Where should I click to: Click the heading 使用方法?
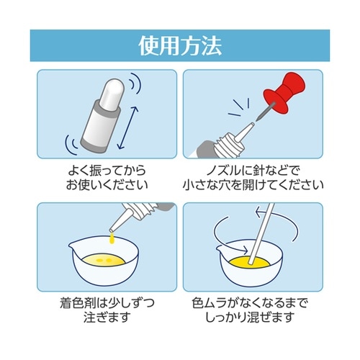pos(180,46)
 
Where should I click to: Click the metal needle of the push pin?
pos(265,112)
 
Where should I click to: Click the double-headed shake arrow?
pos(128,127)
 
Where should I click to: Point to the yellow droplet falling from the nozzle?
pos(112,239)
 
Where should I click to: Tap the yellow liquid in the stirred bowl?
pos(250,262)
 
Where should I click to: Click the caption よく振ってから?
pos(107,170)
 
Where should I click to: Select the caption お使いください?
pos(107,184)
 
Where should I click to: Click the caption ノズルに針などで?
pos(253,170)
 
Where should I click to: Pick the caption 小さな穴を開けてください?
pos(253,184)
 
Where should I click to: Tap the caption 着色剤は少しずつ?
pos(107,303)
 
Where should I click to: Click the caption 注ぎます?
pos(107,318)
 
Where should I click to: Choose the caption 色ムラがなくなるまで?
pos(250,303)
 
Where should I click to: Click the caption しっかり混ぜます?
pos(250,318)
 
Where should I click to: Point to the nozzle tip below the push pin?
pos(252,125)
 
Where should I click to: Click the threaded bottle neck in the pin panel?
pos(228,145)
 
